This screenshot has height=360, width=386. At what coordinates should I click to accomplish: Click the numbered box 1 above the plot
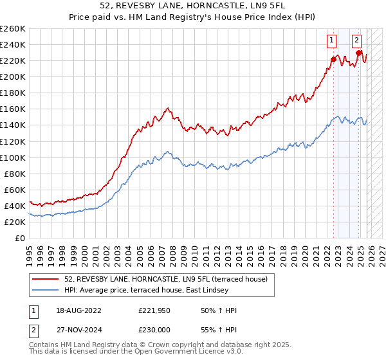332,40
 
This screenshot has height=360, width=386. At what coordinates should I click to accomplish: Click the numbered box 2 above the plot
356,40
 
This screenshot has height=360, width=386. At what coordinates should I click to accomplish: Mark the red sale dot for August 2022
333,59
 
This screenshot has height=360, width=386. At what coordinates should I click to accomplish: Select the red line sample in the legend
46,278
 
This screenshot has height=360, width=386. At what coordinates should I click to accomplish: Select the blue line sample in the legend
46,290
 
